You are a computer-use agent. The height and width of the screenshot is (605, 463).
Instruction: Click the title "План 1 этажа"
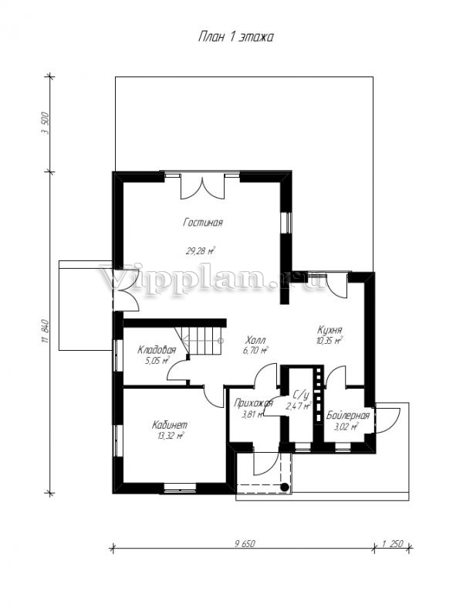tap(235, 37)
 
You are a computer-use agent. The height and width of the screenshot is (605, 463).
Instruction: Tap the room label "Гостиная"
tap(203, 223)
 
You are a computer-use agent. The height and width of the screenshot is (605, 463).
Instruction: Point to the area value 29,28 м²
tap(201, 252)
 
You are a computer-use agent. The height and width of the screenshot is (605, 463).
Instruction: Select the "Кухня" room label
tap(330, 331)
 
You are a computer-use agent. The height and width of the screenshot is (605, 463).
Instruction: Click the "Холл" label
tap(255, 341)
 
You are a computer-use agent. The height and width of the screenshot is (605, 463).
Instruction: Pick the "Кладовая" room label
tap(157, 350)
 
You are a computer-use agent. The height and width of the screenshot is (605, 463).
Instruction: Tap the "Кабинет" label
tap(170, 425)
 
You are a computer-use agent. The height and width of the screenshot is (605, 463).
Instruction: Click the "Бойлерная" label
tap(348, 416)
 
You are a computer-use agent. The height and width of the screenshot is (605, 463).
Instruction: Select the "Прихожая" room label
tap(253, 403)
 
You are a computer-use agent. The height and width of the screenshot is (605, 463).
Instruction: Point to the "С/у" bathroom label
tap(301, 395)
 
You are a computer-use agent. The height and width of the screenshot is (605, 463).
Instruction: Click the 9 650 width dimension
tap(245, 544)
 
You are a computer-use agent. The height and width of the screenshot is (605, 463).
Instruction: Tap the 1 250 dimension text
tap(393, 544)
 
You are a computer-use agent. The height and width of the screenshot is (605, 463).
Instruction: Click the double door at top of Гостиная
tap(202, 186)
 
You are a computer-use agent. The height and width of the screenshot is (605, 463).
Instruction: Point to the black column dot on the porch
tap(284, 487)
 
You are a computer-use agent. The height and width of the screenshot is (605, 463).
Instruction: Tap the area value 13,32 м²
tap(171, 436)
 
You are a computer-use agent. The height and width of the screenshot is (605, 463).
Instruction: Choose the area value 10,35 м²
tap(330, 341)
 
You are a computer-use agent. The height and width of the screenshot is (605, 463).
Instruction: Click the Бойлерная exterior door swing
tap(387, 420)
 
